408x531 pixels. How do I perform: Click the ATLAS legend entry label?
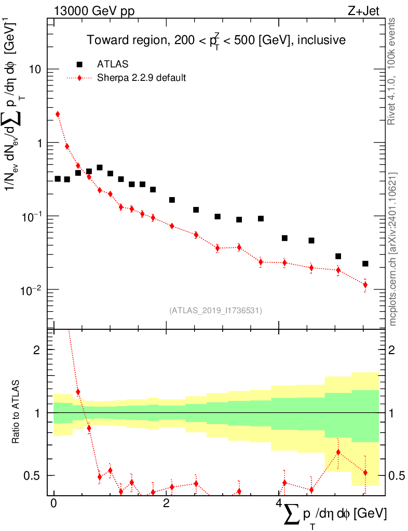pyautogui.click(x=113, y=64)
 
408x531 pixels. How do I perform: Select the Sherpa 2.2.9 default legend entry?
pyautogui.click(x=141, y=78)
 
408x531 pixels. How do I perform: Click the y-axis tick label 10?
pyautogui.click(x=35, y=69)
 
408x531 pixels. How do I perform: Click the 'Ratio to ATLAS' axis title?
pyautogui.click(x=17, y=412)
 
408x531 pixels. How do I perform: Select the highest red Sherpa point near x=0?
pyautogui.click(x=58, y=114)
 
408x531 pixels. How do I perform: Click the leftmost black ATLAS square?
pyautogui.click(x=58, y=179)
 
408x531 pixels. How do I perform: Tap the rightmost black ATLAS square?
pyautogui.click(x=365, y=264)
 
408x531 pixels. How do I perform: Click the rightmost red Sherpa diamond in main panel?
pyautogui.click(x=365, y=285)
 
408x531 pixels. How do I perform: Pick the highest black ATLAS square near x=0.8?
pyautogui.click(x=100, y=167)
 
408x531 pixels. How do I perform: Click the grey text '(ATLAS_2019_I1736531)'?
pyautogui.click(x=215, y=311)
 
